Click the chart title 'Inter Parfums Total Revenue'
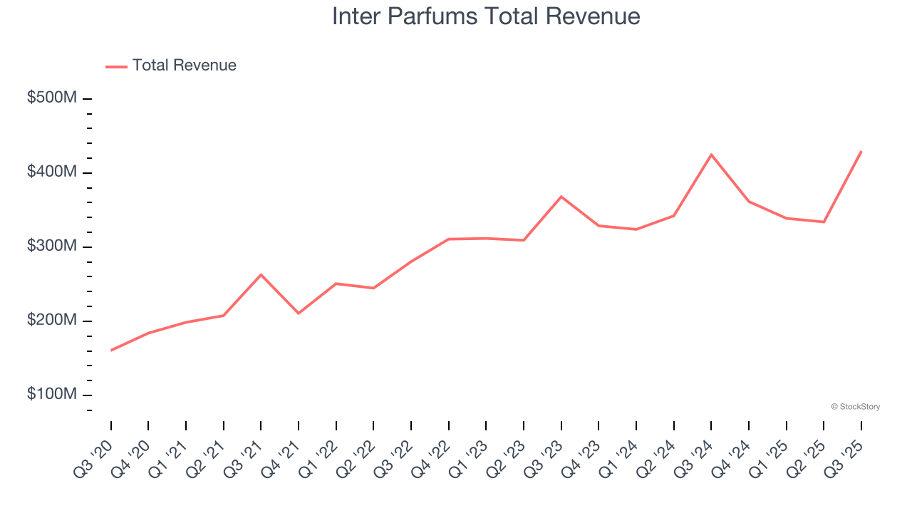tap(486, 16)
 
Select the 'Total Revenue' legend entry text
tap(184, 66)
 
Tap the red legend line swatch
tap(116, 66)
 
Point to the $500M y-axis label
tap(51, 98)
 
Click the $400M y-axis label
tap(51, 172)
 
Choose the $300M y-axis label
tap(51, 247)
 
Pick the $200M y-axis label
tap(51, 321)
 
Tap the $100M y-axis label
tap(51, 395)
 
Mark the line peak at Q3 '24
tap(711, 155)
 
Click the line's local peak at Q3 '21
tap(261, 274)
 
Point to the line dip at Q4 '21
tap(299, 313)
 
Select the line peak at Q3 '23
tap(561, 197)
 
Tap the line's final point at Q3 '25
tap(861, 152)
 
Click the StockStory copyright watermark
tap(855, 407)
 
